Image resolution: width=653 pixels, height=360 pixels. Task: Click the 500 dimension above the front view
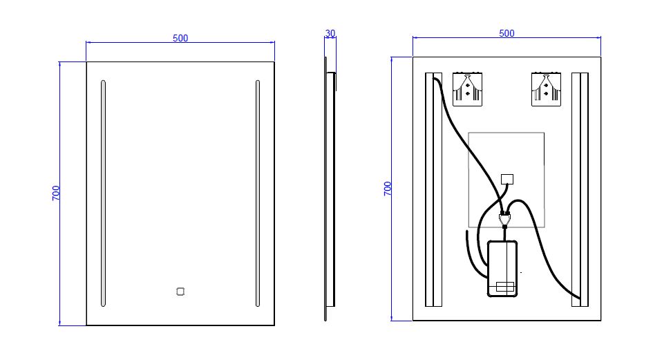pos(180,38)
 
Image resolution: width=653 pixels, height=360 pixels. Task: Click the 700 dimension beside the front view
pos(56,193)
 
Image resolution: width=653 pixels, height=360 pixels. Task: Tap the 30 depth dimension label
pos(330,33)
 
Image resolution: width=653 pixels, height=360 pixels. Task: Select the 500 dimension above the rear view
pos(507,33)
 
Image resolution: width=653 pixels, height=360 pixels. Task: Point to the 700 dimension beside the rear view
pos(388,189)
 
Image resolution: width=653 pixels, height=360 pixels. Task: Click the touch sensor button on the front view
pos(180,292)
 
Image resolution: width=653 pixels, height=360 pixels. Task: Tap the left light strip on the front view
pos(103,193)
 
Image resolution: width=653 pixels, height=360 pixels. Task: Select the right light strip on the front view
pos(257,193)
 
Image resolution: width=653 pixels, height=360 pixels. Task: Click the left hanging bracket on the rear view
pos(467,89)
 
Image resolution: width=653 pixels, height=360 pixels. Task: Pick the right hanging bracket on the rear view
pos(546,89)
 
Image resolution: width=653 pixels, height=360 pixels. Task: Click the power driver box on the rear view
pos(502,268)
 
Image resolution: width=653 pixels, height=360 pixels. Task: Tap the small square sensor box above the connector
pos(507,179)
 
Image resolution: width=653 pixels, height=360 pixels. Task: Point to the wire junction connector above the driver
pos(504,218)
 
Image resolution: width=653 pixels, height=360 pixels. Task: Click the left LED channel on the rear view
pos(433,189)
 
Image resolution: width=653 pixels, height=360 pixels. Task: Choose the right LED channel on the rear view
pos(580,189)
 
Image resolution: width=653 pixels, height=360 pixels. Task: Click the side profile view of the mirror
pos(330,189)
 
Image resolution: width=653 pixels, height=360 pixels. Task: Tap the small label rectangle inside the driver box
pos(505,287)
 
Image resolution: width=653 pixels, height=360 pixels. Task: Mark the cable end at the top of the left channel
pos(435,79)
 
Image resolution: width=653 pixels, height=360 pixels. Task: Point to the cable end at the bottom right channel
pos(579,299)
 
